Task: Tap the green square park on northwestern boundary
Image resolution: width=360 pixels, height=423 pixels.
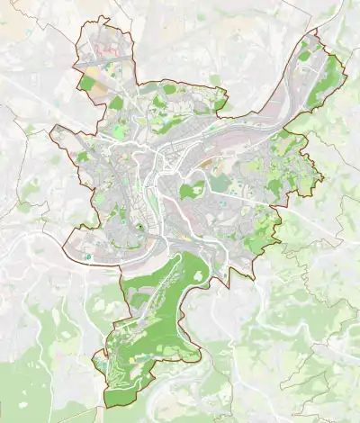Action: [88, 84]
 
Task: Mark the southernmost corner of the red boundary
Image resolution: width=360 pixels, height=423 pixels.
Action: [104, 407]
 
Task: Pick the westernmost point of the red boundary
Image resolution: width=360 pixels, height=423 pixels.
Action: [50, 135]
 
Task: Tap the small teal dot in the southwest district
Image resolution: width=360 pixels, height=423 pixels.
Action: [88, 256]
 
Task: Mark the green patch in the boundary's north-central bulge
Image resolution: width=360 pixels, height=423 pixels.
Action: [169, 89]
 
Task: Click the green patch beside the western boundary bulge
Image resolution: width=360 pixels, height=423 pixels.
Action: [81, 157]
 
